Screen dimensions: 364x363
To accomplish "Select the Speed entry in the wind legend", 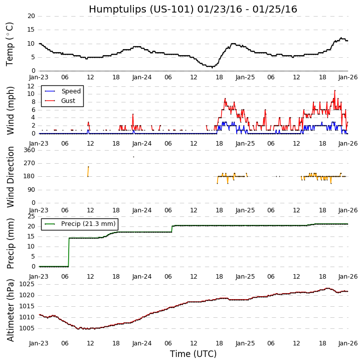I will pyautogui.click(x=71, y=91).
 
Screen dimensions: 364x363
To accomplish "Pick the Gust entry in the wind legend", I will pyautogui.click(x=69, y=101).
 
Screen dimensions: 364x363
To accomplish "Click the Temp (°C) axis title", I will pyautogui.click(x=10, y=44).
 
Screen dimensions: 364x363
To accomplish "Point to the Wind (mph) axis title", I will pyautogui.click(x=10, y=110).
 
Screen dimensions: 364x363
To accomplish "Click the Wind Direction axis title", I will pyautogui.click(x=10, y=177).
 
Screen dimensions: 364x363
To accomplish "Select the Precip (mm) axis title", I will pyautogui.click(x=10, y=243).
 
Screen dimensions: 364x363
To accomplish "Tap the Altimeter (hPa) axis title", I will pyautogui.click(x=10, y=310).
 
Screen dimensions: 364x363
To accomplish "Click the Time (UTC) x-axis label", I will pyautogui.click(x=193, y=354).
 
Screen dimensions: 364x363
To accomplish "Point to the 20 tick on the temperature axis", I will pyautogui.click(x=31, y=16).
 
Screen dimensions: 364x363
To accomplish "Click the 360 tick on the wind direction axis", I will pyautogui.click(x=29, y=150).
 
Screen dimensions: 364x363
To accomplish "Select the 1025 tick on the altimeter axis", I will pyautogui.click(x=27, y=284).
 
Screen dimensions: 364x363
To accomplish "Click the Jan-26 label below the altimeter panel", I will pyautogui.click(x=348, y=343).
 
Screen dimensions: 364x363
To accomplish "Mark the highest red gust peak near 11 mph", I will pyautogui.click(x=335, y=90).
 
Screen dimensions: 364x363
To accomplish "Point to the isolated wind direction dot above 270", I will pyautogui.click(x=133, y=157).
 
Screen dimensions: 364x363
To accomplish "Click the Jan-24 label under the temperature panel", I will pyautogui.click(x=142, y=77).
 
